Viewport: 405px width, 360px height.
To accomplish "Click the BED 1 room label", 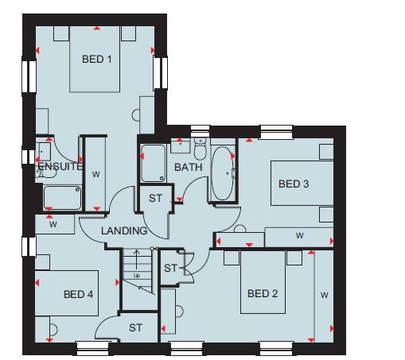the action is coord(97,59).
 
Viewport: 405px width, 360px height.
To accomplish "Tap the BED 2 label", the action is coord(263,293).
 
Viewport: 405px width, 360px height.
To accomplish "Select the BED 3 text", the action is coord(294,184).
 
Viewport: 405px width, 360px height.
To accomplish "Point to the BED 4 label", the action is coord(78,294).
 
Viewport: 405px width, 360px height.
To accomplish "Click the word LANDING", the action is coord(124,230).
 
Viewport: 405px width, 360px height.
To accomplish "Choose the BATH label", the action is coord(189,167).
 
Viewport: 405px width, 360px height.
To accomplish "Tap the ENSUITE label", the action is coord(60,167).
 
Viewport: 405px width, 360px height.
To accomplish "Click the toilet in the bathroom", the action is coord(200,149).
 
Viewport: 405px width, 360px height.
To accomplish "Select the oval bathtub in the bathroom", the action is coord(223,173).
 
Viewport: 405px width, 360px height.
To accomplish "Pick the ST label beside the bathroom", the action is coord(155,198).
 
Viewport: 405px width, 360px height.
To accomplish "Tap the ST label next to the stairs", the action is coord(170,269).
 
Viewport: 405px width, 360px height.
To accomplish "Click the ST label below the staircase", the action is coord(135,328).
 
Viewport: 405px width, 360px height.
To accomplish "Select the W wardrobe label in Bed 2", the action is coord(325,295).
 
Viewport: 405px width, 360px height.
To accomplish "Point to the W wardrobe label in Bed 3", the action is coord(300,235).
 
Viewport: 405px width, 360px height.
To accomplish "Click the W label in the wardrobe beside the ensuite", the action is coord(96,174).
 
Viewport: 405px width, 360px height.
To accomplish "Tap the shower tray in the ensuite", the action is coord(63,198).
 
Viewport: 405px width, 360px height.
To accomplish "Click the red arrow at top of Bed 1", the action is coord(97,28).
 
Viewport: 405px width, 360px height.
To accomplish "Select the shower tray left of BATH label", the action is coord(154,163).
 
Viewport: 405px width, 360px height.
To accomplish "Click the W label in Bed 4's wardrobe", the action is coord(53,224).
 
